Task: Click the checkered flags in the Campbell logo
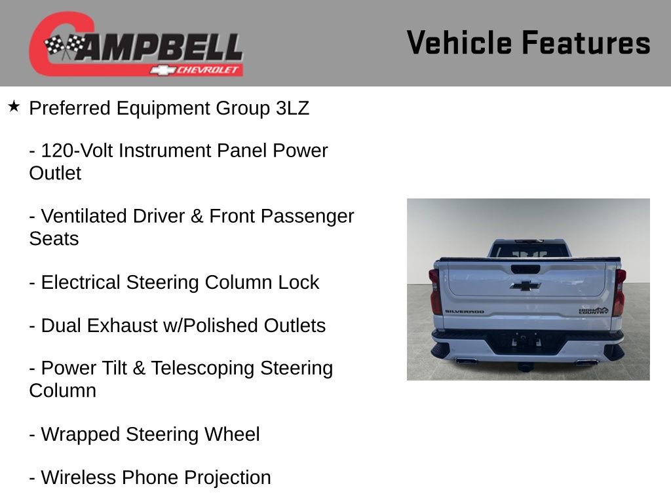(x=65, y=46)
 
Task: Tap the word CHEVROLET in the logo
(x=208, y=70)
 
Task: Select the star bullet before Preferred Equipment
(x=14, y=106)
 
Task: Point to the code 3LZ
(x=292, y=108)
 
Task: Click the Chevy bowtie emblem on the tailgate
(x=525, y=285)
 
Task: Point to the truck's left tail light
(x=434, y=291)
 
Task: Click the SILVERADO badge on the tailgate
(x=464, y=312)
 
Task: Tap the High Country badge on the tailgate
(x=593, y=310)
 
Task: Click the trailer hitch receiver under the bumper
(x=526, y=364)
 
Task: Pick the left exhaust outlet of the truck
(x=465, y=360)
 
